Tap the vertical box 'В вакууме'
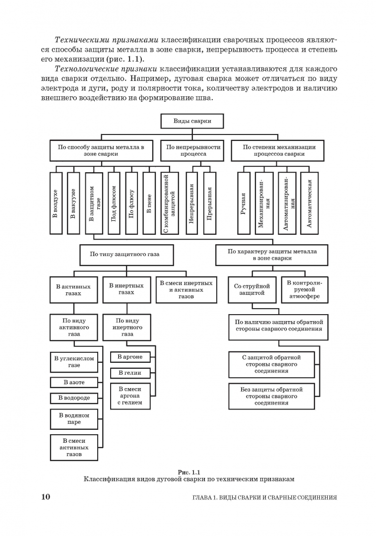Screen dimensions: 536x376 (73, 203)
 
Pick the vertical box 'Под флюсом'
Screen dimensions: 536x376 (114, 203)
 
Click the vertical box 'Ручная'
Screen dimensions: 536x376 (244, 203)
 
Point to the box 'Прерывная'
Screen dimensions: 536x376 (210, 203)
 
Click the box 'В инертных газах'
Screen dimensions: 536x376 (126, 289)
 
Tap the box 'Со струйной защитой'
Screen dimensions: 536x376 (251, 289)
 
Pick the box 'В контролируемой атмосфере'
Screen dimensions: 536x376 (305, 289)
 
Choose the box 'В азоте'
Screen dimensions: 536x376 (74, 383)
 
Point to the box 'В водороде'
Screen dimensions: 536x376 (74, 398)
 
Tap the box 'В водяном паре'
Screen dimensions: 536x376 (74, 418)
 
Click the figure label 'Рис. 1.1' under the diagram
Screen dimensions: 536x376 (188, 471)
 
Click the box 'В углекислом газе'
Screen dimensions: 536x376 (74, 362)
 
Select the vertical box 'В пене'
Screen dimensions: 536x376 (149, 203)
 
